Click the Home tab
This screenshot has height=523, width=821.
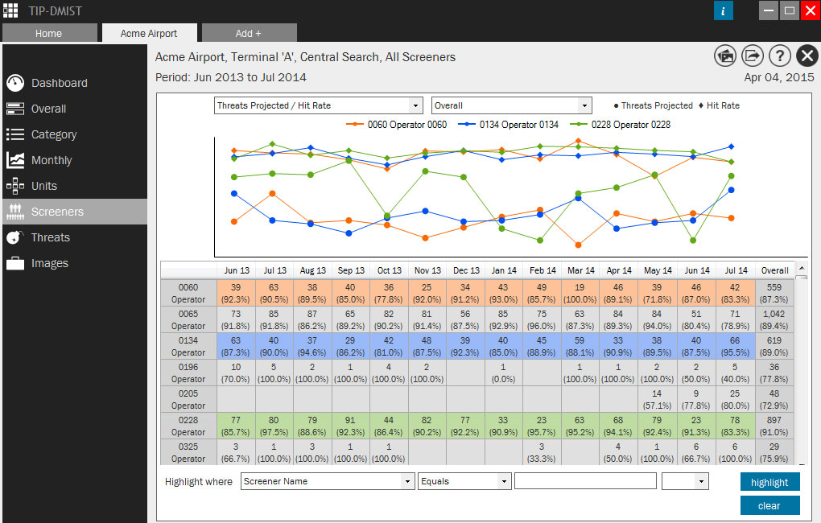point(48,33)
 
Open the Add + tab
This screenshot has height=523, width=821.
point(249,33)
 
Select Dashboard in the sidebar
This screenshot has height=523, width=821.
point(59,83)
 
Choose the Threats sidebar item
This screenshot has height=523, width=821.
point(50,237)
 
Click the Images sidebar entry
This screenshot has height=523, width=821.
point(49,263)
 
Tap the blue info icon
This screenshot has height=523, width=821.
point(724,10)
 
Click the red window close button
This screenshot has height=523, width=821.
point(809,10)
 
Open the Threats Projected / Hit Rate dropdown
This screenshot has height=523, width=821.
point(319,105)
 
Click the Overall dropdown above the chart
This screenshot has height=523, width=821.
point(511,105)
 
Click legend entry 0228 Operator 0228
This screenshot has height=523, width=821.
point(620,125)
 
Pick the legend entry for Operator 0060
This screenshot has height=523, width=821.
point(396,125)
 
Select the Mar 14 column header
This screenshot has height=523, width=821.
point(580,270)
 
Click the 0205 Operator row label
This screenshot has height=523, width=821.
point(188,399)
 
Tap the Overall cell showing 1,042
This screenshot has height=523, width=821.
point(775,319)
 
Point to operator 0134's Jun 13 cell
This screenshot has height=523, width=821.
point(236,346)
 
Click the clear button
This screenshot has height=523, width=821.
point(769,505)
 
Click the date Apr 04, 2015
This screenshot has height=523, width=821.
point(779,77)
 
